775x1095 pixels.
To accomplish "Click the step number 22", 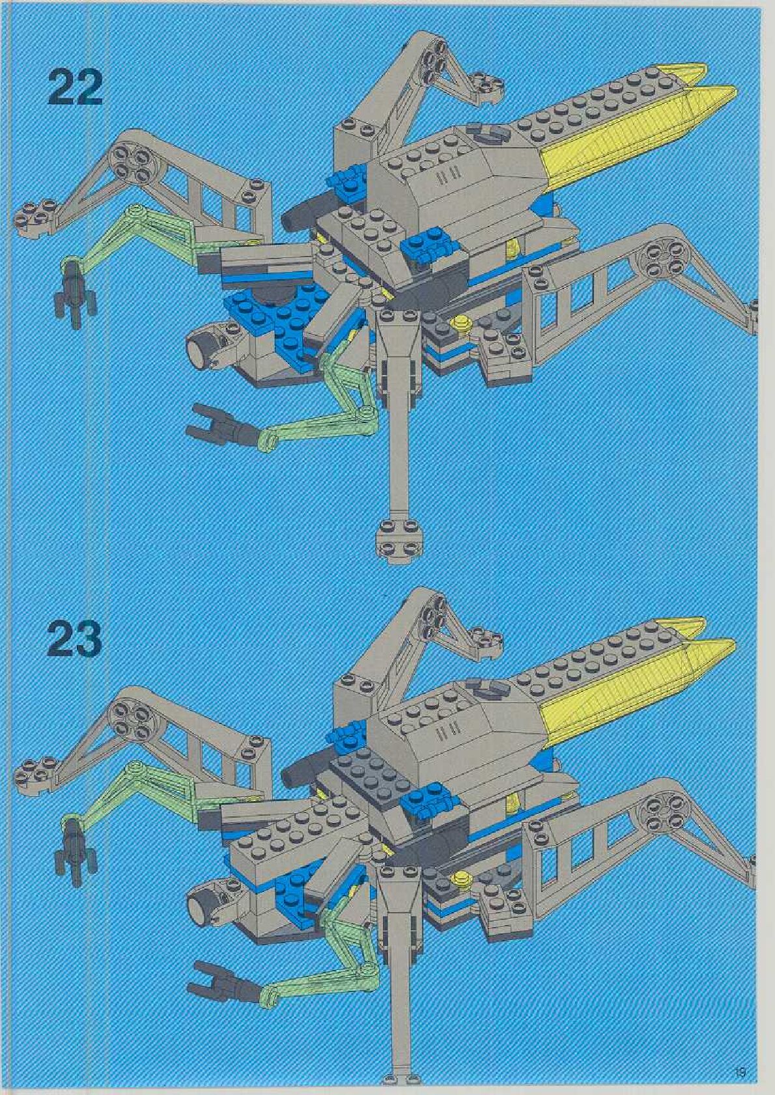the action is coord(75,89).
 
